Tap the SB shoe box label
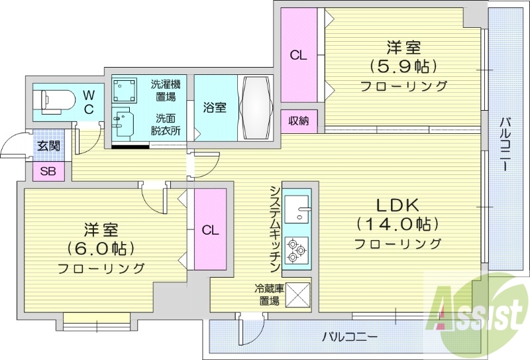point(48,171)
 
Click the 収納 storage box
point(298,121)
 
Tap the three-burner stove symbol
point(296,251)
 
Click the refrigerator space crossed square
point(298,292)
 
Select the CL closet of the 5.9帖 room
point(298,56)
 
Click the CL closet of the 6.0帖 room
point(210,230)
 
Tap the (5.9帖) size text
point(403,66)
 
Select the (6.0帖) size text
point(101,249)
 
